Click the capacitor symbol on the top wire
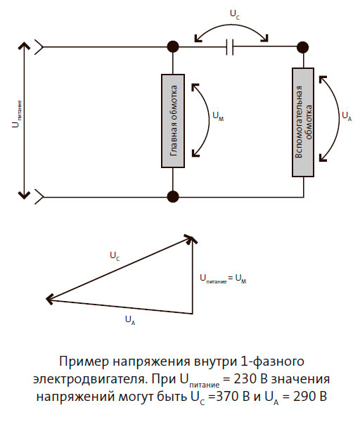231,48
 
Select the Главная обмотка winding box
172,120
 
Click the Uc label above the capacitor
234,13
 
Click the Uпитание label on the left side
14,119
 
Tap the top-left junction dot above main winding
172,48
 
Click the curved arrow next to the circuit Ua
329,116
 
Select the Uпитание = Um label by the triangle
223,280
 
